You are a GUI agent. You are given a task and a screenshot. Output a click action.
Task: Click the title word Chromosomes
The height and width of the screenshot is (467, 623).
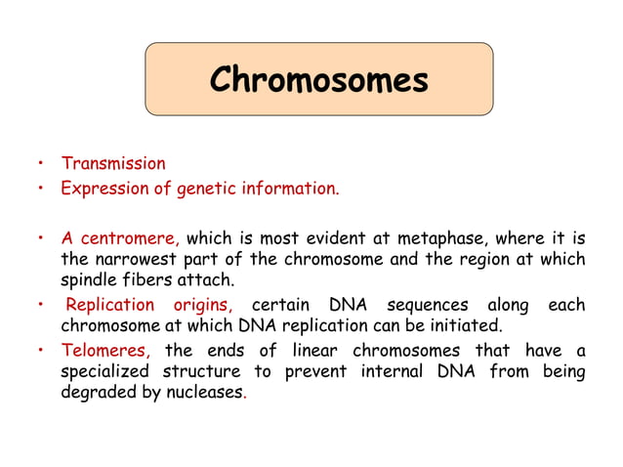coord(318,79)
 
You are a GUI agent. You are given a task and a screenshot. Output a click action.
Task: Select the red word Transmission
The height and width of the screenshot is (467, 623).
coord(113,163)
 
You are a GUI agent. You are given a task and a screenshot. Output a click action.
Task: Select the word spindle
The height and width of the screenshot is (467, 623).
coord(89,279)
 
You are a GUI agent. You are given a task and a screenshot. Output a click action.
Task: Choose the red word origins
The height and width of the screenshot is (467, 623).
coord(199,305)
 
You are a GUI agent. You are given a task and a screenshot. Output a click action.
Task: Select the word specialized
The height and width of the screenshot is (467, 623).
coord(107,372)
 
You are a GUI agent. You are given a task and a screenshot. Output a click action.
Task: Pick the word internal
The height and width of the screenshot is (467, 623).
coord(398,372)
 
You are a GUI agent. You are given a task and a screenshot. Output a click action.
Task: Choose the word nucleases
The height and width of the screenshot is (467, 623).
coord(203,393)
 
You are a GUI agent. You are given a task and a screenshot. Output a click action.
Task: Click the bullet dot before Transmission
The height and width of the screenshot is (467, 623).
coord(41,164)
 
